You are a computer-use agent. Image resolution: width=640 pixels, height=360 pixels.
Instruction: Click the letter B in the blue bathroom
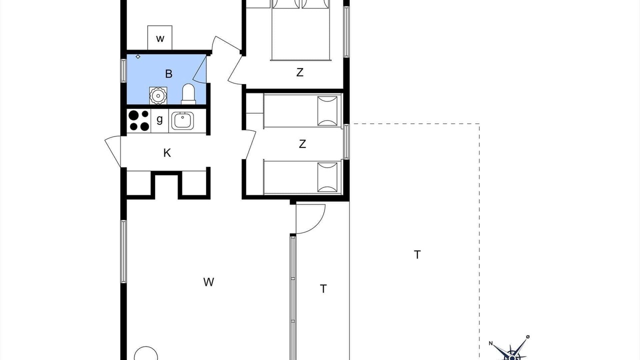click(x=168, y=73)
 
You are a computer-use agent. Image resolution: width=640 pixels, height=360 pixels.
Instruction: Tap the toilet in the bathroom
click(x=188, y=93)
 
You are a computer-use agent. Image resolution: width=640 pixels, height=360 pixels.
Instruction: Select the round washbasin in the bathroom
click(x=158, y=95)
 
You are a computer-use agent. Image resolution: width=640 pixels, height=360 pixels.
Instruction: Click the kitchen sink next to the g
click(x=182, y=121)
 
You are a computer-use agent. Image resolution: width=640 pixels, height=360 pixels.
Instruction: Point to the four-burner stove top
click(x=139, y=121)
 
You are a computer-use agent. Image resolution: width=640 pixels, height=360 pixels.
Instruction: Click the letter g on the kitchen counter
click(x=159, y=119)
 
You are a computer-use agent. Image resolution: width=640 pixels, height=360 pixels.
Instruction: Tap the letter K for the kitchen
click(x=167, y=153)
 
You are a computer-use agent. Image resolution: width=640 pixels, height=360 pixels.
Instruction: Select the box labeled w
click(x=160, y=37)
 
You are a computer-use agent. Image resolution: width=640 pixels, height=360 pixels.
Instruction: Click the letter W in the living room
click(x=208, y=282)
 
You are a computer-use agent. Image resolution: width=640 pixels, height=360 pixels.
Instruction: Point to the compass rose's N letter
click(x=490, y=343)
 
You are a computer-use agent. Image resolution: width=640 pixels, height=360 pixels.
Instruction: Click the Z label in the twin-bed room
click(x=302, y=143)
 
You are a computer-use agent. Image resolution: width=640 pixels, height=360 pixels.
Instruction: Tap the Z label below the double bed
click(x=299, y=72)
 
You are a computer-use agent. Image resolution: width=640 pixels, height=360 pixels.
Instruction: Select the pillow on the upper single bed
click(x=327, y=111)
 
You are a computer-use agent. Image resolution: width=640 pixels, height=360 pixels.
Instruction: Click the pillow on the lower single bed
click(x=327, y=177)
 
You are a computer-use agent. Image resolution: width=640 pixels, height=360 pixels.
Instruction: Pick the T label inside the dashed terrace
click(x=417, y=254)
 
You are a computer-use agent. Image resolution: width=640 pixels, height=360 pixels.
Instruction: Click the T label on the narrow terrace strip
click(x=323, y=288)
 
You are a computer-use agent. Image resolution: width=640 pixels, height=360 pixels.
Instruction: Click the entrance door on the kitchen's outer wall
click(x=113, y=151)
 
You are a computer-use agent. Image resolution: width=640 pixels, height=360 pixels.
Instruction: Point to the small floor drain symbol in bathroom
click(x=138, y=56)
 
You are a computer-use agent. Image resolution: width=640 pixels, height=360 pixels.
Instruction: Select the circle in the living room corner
click(x=146, y=353)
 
